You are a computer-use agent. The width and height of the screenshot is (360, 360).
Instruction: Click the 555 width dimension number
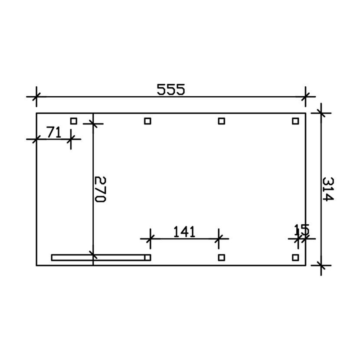[171, 89]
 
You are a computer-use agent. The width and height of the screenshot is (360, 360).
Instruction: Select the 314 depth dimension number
[327, 189]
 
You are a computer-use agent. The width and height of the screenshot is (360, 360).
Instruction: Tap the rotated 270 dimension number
[100, 189]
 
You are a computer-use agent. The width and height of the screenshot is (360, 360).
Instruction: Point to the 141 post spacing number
[184, 232]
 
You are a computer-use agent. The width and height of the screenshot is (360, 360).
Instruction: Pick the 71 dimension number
[54, 132]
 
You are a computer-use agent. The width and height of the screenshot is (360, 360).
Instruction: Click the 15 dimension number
[302, 229]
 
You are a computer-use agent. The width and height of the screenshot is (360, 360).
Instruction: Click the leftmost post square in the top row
[73, 121]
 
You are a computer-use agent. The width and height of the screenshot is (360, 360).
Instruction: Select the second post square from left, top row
[147, 121]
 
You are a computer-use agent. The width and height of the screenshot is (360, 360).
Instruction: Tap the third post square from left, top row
[222, 121]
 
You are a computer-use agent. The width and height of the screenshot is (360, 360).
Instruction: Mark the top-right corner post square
[295, 121]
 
